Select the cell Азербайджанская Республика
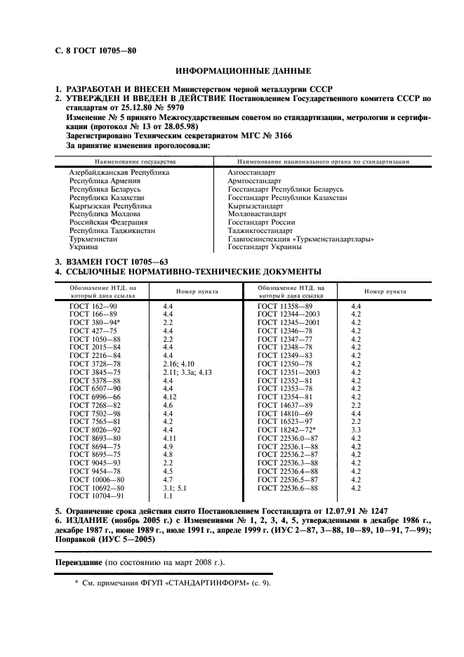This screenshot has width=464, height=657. pos(119,172)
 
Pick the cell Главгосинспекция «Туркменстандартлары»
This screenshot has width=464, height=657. pos(300,239)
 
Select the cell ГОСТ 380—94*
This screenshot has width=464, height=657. pos(97,322)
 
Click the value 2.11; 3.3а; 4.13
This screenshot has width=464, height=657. pos(187,372)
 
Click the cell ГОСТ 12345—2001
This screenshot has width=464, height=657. pos(289,322)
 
